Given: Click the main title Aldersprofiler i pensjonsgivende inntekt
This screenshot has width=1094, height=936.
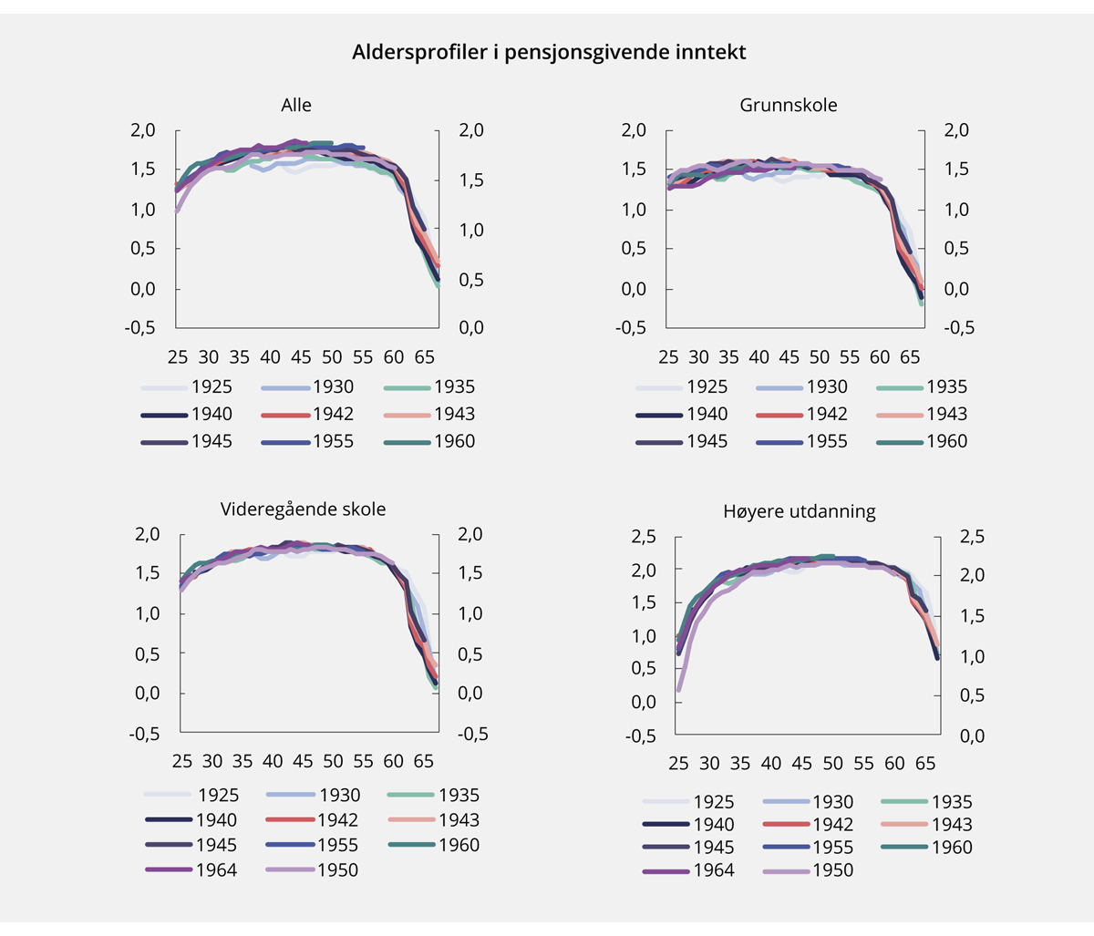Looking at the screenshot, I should coord(549,52).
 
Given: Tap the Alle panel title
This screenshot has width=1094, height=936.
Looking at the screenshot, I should coord(296,105).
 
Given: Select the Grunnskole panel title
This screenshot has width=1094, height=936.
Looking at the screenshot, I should coord(789,105).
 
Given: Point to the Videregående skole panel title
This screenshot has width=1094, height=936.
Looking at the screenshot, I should coord(303,509).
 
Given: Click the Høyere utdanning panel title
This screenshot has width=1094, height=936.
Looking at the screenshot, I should coord(800,511).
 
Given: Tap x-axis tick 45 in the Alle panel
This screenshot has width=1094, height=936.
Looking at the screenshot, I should coord(301,356).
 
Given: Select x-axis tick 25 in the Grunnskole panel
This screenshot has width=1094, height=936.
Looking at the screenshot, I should coord(668,356).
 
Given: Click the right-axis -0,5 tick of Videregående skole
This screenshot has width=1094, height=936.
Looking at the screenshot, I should coord(472,734).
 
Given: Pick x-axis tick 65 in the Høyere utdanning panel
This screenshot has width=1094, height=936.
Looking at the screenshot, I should coord(925,763).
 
